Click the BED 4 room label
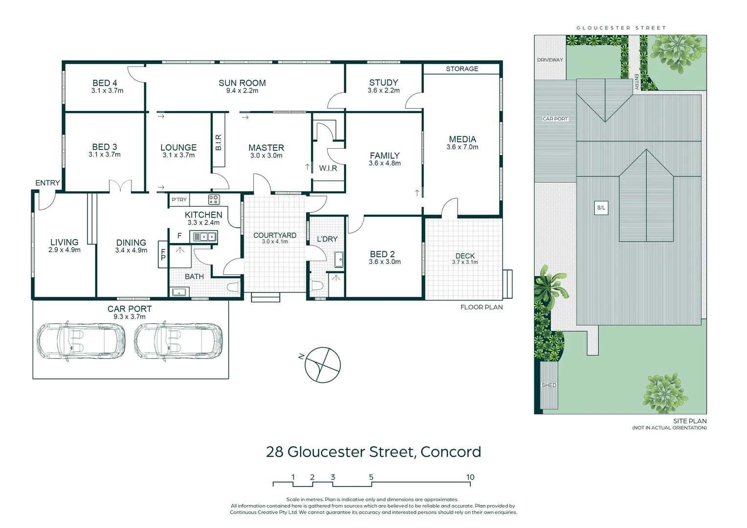(x=105, y=83)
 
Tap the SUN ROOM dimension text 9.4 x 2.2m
(x=242, y=91)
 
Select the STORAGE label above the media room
(x=462, y=69)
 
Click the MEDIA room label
(x=462, y=139)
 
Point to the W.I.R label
(x=328, y=168)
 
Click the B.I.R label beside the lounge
(x=219, y=142)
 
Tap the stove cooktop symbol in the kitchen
(x=214, y=199)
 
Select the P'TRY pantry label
(x=179, y=199)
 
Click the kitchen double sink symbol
(x=204, y=237)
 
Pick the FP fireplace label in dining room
(x=163, y=255)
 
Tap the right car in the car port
(x=178, y=341)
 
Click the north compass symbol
(x=322, y=365)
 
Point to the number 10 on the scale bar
(x=470, y=477)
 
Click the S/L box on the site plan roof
(x=601, y=208)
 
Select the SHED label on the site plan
(x=549, y=385)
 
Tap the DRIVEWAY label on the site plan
(x=550, y=60)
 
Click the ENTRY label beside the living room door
(x=47, y=183)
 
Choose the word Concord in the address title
(x=450, y=452)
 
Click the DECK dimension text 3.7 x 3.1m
(x=465, y=263)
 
